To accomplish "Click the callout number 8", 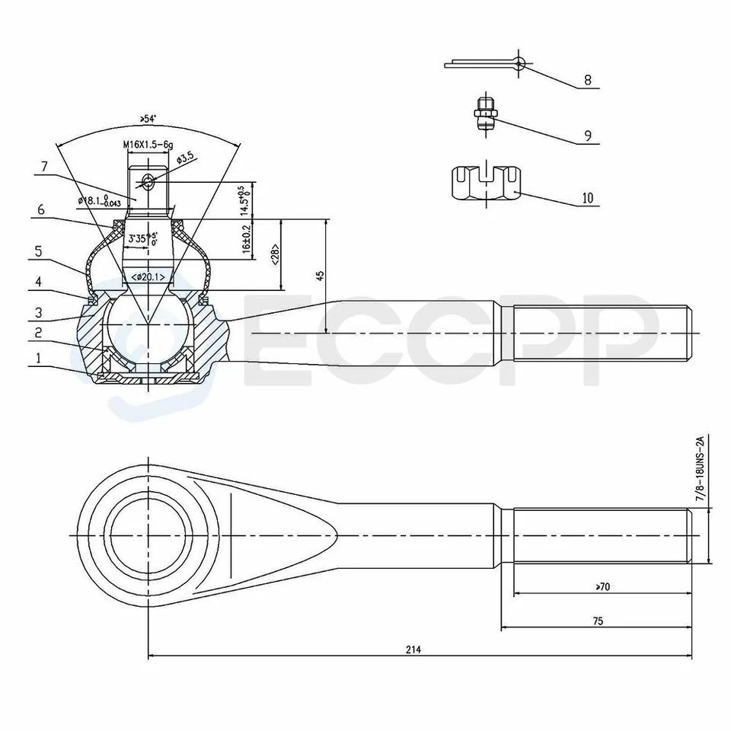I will tap(587, 80).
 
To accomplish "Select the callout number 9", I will tap(587, 136).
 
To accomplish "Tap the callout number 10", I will tap(587, 198).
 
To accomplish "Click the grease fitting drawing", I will tap(485, 115).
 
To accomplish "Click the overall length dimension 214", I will tap(413, 650).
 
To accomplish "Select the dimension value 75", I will tap(597, 621).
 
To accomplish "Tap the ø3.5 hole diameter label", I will tap(187, 158).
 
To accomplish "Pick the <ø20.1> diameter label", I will tap(148, 276).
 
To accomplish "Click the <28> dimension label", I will tap(273, 255).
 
